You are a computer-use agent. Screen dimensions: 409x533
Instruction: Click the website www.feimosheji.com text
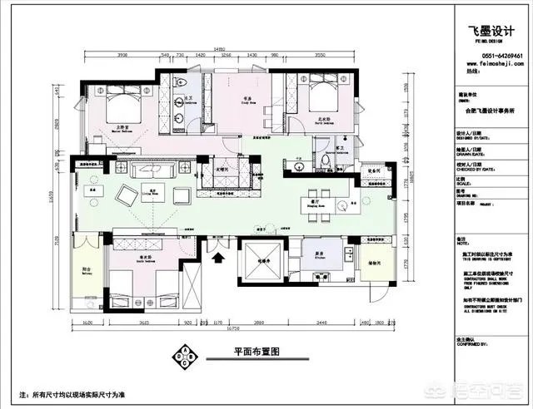[491, 67]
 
